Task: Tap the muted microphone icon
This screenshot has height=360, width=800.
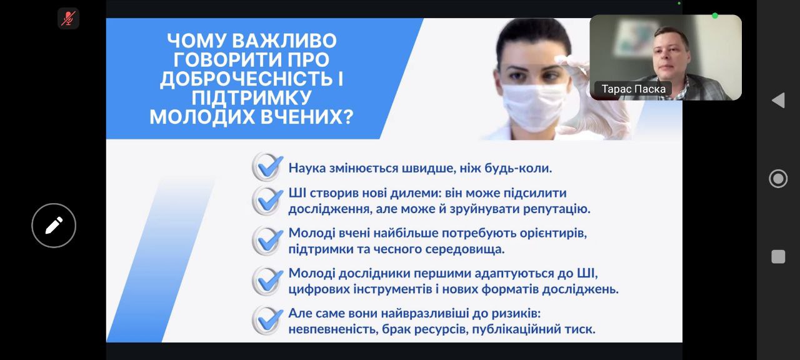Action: pyautogui.click(x=68, y=18)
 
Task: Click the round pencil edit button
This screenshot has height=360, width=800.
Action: pyautogui.click(x=54, y=226)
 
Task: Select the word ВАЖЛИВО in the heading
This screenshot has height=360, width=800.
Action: pyautogui.click(x=284, y=41)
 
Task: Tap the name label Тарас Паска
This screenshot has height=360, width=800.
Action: pyautogui.click(x=633, y=89)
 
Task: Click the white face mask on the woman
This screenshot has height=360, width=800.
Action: pyautogui.click(x=534, y=106)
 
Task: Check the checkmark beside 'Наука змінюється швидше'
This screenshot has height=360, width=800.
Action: pyautogui.click(x=267, y=167)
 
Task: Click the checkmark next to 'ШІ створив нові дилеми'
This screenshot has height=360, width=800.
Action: pyautogui.click(x=267, y=201)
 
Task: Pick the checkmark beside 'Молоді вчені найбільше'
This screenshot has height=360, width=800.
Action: pyautogui.click(x=267, y=241)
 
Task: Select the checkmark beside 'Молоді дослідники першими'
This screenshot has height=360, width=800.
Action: pyautogui.click(x=267, y=281)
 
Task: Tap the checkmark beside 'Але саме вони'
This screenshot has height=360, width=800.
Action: pyautogui.click(x=267, y=321)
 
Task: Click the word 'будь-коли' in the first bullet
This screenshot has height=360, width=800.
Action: pyautogui.click(x=518, y=168)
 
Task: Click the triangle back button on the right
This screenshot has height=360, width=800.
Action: pyautogui.click(x=779, y=101)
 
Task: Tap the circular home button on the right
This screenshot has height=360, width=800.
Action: pyautogui.click(x=778, y=179)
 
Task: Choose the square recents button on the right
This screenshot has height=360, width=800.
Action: pyautogui.click(x=778, y=257)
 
